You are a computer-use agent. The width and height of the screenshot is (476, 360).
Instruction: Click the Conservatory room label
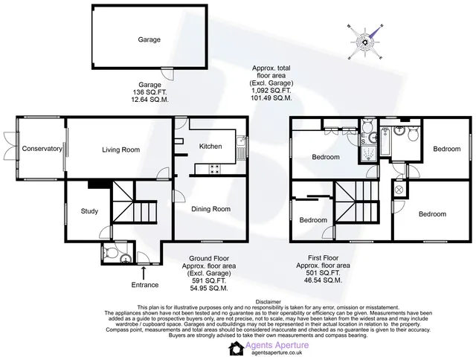tap(42, 149)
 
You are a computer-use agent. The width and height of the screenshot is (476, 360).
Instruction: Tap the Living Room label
tap(120, 150)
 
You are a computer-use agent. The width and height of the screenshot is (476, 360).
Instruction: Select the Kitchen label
tap(210, 147)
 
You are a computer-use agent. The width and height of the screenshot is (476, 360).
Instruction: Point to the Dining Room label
tap(210, 209)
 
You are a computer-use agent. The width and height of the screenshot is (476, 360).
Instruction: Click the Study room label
tap(89, 211)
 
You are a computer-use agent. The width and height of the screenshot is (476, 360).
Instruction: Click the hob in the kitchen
tap(215, 170)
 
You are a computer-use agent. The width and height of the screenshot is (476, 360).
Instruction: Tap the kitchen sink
tap(242, 148)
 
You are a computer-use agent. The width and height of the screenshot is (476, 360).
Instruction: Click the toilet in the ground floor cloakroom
tap(109, 253)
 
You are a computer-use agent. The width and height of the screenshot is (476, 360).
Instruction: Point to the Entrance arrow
tap(144, 273)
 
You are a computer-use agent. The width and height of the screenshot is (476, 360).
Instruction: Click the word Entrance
tap(145, 285)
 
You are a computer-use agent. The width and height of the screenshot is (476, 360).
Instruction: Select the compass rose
tap(365, 42)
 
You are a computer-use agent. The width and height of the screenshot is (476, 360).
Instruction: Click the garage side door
tap(167, 73)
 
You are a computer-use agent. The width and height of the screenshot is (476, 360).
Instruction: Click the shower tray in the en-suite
tap(368, 152)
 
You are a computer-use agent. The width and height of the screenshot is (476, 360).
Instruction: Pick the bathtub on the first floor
tap(385, 142)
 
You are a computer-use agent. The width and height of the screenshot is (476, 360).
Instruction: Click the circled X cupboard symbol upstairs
tap(399, 190)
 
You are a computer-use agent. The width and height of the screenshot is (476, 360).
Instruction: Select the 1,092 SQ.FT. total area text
tap(271, 91)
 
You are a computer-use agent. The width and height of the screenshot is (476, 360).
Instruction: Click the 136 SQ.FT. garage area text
tap(149, 92)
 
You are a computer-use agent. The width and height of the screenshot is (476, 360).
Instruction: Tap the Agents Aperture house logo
tap(237, 348)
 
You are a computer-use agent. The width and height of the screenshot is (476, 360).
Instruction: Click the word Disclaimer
tap(268, 302)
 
